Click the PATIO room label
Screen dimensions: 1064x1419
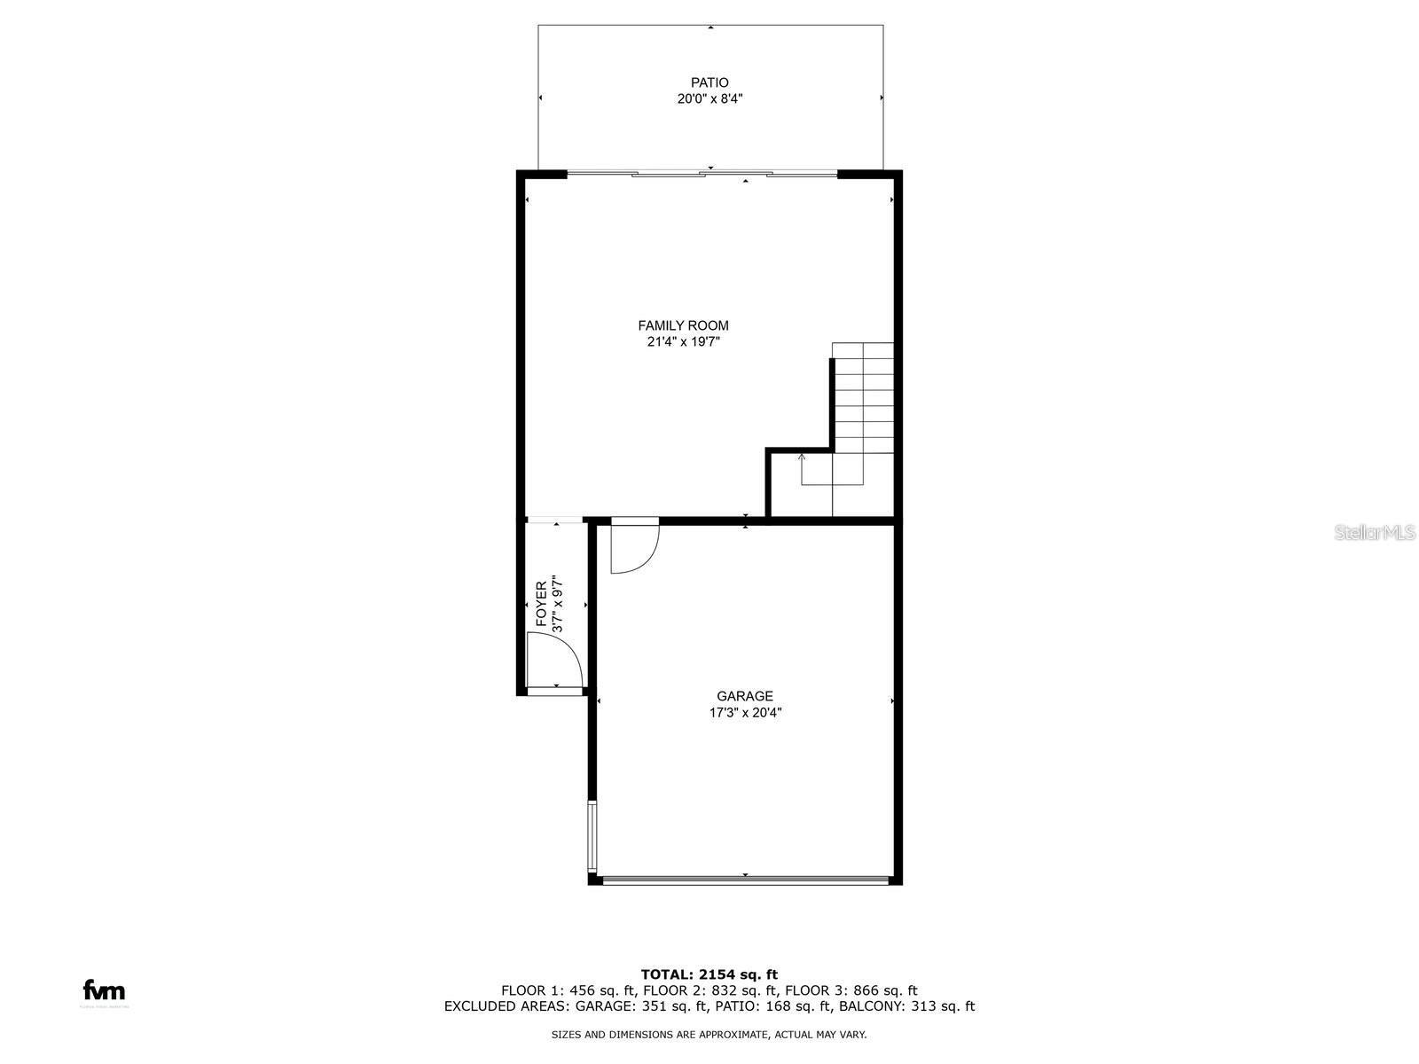click(709, 82)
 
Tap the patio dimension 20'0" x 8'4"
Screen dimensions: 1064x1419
click(709, 99)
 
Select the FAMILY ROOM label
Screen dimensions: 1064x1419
click(683, 325)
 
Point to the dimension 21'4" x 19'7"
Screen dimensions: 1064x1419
click(683, 342)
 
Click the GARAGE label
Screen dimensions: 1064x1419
click(745, 696)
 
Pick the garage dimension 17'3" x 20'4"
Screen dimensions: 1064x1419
click(745, 712)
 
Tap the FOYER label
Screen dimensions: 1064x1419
click(541, 605)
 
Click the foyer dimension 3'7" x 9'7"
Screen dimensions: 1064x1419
click(558, 605)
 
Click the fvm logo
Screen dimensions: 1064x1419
click(104, 991)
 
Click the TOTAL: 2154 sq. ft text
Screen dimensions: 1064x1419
click(709, 974)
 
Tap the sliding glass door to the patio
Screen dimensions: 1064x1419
click(702, 174)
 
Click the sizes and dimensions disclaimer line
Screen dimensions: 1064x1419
click(709, 1034)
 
